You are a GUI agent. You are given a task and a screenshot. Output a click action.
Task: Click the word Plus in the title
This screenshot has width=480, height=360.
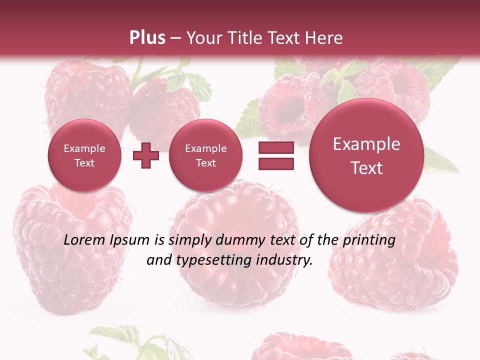[x=147, y=38]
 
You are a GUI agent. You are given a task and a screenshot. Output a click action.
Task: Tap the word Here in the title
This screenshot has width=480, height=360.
[x=325, y=38]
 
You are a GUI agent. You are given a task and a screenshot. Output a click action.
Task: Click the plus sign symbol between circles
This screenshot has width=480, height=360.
[x=145, y=156]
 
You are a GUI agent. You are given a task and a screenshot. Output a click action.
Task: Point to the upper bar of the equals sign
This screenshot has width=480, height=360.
[x=275, y=148]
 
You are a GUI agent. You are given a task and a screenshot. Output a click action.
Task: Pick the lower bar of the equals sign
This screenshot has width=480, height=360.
[x=275, y=164]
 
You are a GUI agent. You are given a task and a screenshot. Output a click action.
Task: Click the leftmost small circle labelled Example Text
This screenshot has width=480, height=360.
[x=84, y=155]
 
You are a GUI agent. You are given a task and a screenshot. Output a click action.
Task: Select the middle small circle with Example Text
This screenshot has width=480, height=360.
[x=205, y=155]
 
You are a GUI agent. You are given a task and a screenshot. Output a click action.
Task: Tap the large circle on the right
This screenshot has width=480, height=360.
[x=366, y=155]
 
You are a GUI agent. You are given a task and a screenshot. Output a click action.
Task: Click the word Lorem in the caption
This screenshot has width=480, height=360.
[x=85, y=240]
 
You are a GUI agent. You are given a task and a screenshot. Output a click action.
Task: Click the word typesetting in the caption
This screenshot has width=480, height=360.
[x=212, y=260]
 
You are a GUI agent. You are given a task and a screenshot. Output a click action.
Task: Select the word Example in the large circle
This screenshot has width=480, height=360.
[x=366, y=144]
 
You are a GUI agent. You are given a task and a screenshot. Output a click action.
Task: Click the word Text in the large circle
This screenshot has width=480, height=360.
[x=366, y=168]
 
